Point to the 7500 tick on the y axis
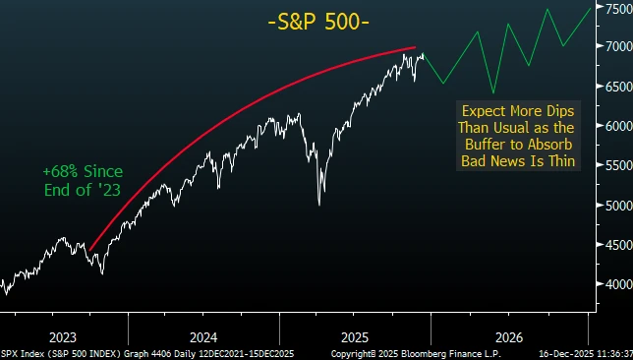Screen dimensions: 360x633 [x=612, y=8]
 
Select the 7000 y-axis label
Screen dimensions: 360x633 [x=612, y=46]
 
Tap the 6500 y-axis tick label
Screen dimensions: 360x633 [x=612, y=87]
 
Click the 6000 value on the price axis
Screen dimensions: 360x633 [x=612, y=126]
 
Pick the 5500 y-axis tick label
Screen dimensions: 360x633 [x=612, y=165]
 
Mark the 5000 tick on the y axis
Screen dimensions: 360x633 [x=612, y=206]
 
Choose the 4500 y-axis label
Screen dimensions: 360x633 [x=612, y=245]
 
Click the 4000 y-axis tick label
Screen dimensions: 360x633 [x=612, y=284]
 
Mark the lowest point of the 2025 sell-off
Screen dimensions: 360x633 [x=318, y=205]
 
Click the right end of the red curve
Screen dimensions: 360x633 [x=415, y=47]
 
